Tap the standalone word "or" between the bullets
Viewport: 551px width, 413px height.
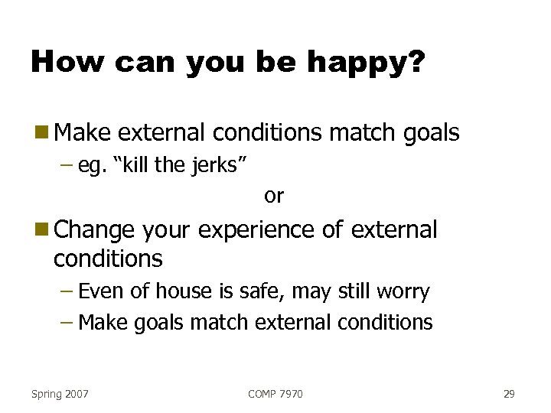coord(273,196)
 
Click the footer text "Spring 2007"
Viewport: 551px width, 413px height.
coord(60,394)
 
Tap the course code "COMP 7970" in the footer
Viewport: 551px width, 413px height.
coord(275,394)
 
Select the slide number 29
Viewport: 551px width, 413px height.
coord(509,394)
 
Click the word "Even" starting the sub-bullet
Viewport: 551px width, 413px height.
coord(101,291)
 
